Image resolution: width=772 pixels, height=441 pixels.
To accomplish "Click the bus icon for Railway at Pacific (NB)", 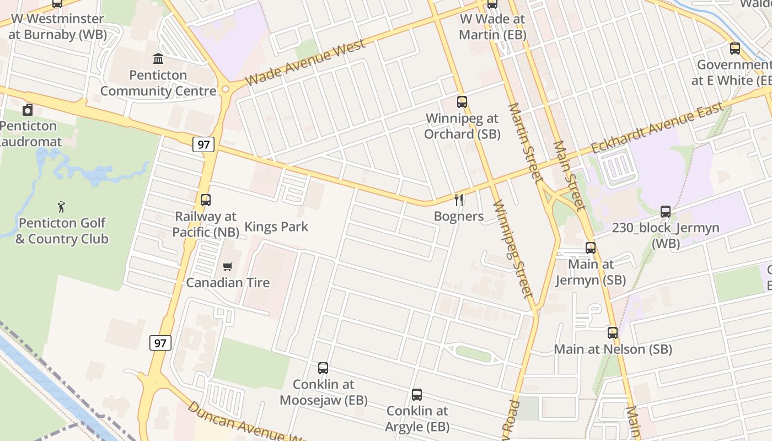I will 206,200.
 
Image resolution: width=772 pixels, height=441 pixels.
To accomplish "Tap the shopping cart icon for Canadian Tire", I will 228,267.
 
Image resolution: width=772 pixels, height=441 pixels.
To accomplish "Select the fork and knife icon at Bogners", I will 458,200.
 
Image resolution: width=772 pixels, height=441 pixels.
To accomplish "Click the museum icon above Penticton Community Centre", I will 158,58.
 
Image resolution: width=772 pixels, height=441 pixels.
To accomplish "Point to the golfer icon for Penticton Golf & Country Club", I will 61,207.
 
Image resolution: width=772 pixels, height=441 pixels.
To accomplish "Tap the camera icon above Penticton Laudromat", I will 28,110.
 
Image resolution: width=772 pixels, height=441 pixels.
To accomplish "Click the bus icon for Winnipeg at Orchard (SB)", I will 462,102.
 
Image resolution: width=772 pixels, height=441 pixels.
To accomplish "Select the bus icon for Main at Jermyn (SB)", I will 591,248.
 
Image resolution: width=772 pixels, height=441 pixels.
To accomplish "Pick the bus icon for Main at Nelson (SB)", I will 613,333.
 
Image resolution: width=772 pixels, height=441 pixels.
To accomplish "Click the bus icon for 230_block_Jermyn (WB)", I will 666,212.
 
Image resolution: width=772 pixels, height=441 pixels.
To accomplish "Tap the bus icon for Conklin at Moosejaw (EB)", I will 323,368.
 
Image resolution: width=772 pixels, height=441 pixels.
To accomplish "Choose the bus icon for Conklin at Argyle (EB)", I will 417,395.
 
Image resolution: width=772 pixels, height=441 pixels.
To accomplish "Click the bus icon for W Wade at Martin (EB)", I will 492,4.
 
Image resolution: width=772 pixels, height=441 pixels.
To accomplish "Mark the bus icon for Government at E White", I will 735,49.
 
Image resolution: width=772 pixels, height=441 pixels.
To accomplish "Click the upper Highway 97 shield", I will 203,145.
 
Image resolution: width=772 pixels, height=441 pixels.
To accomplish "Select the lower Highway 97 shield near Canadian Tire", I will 160,343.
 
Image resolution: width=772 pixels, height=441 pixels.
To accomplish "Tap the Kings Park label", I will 276,227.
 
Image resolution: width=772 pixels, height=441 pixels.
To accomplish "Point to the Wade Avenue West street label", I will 305,63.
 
